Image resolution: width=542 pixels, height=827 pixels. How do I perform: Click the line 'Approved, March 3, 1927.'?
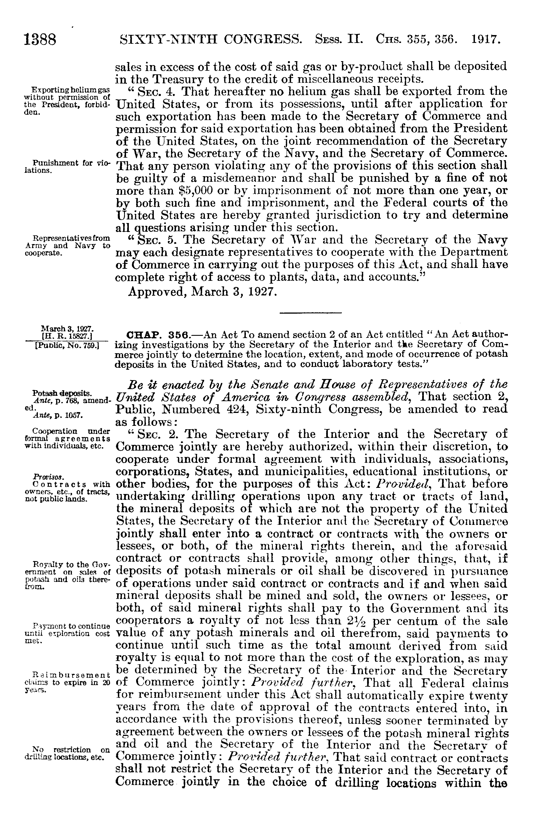point(203,291)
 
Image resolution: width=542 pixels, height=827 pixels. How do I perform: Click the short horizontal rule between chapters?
point(310,313)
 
